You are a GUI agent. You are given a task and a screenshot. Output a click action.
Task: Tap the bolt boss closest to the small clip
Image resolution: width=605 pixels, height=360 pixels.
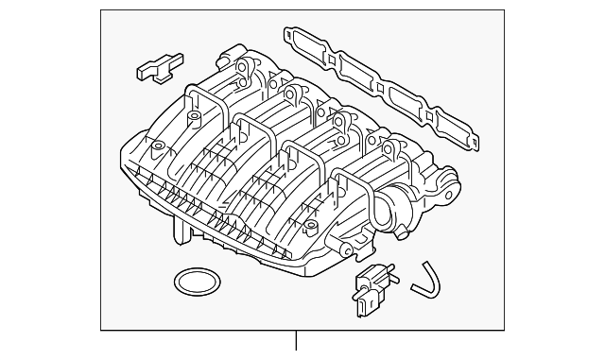195,118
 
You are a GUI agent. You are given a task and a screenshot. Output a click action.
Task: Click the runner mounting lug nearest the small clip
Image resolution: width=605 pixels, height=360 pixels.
244,67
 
